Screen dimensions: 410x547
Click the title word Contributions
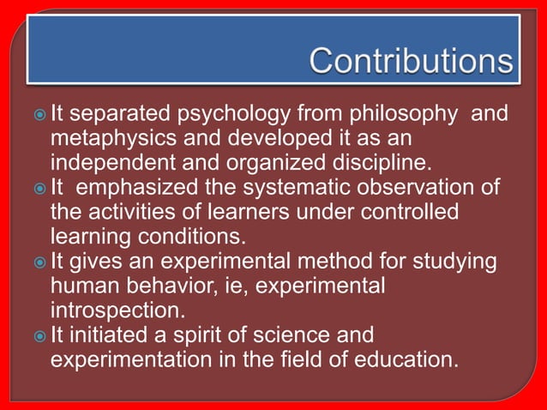pyautogui.click(x=411, y=61)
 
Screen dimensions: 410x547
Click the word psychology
pyautogui.click(x=222, y=113)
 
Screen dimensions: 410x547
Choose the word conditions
pyautogui.click(x=186, y=236)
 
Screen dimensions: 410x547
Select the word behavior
pyautogui.click(x=190, y=285)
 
